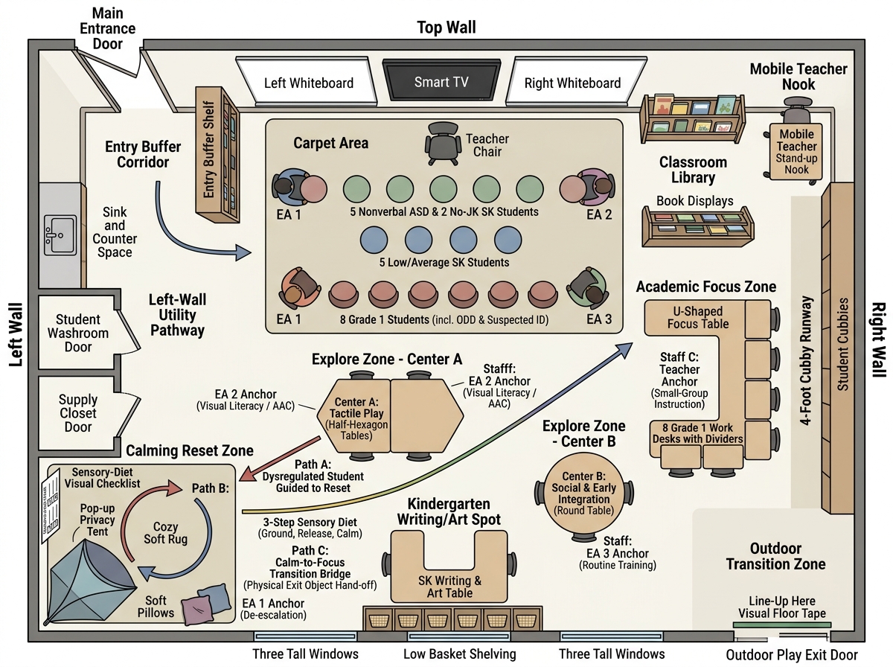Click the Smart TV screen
click(x=441, y=80)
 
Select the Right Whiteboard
click(x=574, y=80)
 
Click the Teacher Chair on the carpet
click(x=443, y=144)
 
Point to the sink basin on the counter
click(x=60, y=235)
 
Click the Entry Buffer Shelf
click(x=217, y=155)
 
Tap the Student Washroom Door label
click(x=78, y=333)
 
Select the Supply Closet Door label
click(x=78, y=413)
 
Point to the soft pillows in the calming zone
click(x=206, y=604)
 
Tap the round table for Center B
click(x=584, y=494)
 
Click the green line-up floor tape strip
click(x=781, y=625)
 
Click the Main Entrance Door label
click(x=107, y=28)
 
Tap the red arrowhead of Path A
click(x=247, y=474)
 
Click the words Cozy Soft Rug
click(x=166, y=533)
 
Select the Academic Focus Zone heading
click(x=706, y=287)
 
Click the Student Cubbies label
click(x=843, y=344)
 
